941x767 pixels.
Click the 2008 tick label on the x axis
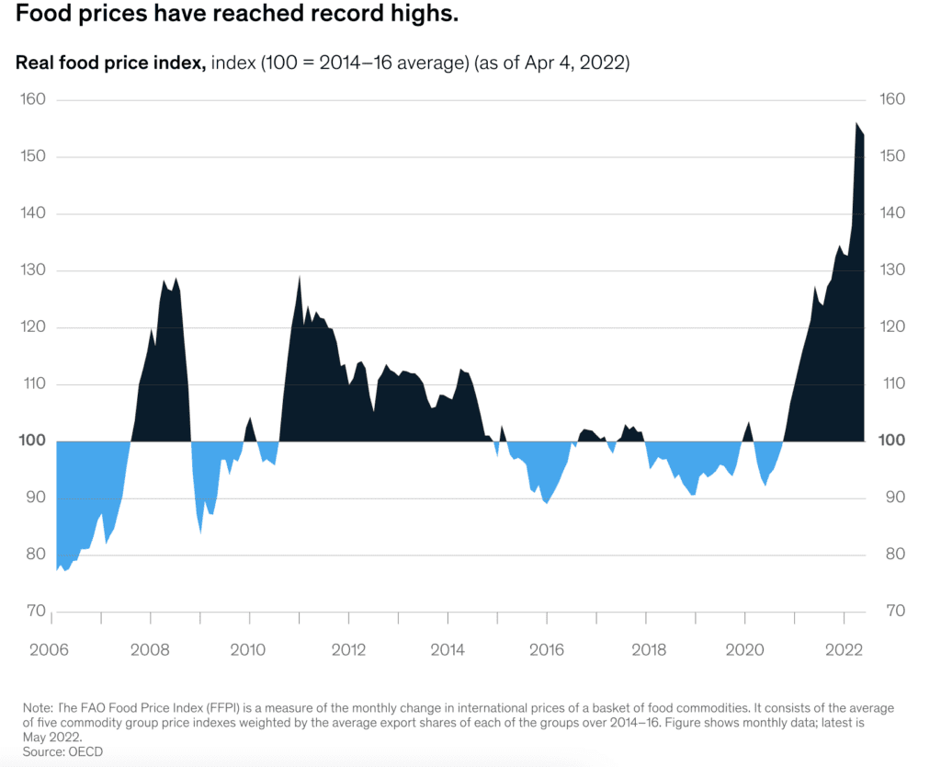click(150, 650)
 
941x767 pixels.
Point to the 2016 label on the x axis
click(547, 650)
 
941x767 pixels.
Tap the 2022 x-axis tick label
click(845, 650)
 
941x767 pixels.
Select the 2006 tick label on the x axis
click(51, 650)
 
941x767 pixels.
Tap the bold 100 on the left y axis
click(32, 441)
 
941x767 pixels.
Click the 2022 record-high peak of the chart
click(856, 123)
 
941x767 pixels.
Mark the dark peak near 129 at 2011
click(300, 276)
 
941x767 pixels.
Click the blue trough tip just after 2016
click(547, 503)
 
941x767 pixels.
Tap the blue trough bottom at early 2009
click(201, 532)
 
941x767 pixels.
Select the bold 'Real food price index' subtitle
click(110, 63)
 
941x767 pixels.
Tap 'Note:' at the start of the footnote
click(40, 708)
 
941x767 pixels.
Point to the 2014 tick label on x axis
click(448, 650)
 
